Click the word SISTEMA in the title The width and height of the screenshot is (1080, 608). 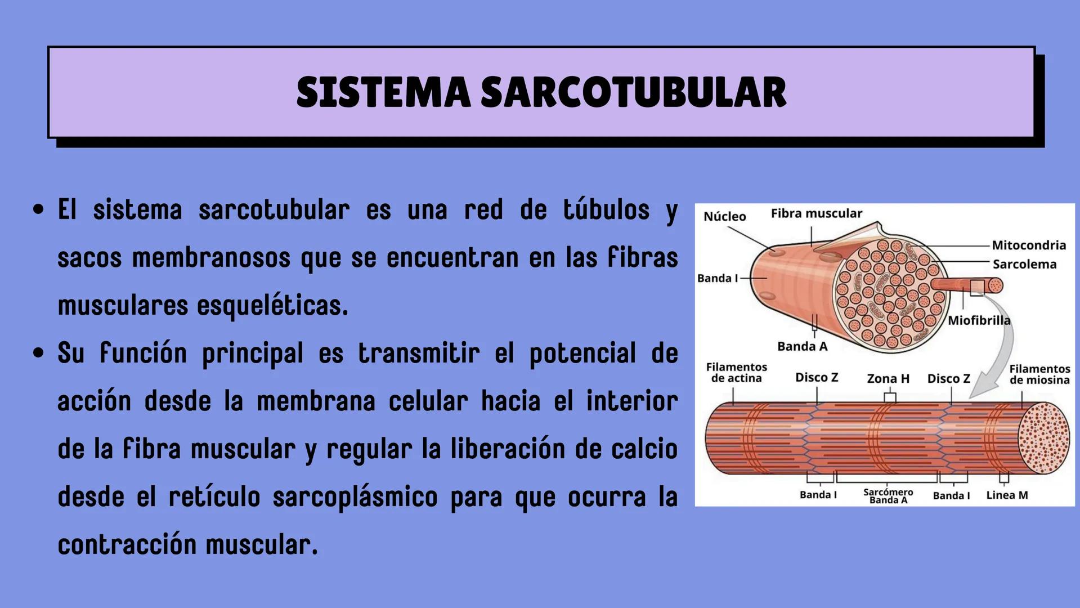pos(383,92)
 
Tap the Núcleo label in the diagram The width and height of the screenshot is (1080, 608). pos(725,217)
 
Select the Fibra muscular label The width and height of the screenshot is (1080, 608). pos(816,213)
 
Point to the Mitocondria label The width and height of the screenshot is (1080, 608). pos(1029,245)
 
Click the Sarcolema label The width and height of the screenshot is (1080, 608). pos(1024,264)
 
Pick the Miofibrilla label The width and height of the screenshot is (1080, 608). pos(979,320)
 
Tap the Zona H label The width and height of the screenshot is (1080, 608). pos(888,378)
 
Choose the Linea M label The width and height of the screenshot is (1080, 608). pos(1007,495)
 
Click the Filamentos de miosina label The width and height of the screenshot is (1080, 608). pos(1039,374)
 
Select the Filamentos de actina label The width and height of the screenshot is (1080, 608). pos(736,373)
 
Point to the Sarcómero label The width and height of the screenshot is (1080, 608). pos(888,491)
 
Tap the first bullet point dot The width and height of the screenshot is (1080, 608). pos(38,211)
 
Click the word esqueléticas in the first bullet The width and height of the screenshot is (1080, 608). pos(272,306)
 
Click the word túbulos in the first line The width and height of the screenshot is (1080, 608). pos(606,211)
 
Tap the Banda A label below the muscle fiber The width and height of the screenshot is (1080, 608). pos(802,346)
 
